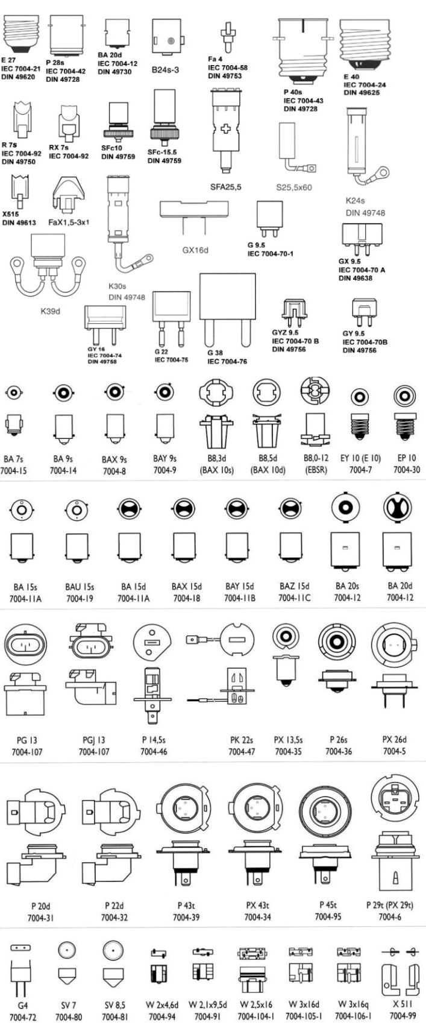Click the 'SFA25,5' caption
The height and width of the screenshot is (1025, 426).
(x=226, y=187)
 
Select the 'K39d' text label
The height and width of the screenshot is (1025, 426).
(x=51, y=311)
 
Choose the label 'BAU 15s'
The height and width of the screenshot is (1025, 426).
(x=79, y=586)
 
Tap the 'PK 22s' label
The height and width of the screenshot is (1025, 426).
(x=242, y=740)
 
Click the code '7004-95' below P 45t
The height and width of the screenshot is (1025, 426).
(x=328, y=916)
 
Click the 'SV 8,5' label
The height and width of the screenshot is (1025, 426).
(x=113, y=1004)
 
